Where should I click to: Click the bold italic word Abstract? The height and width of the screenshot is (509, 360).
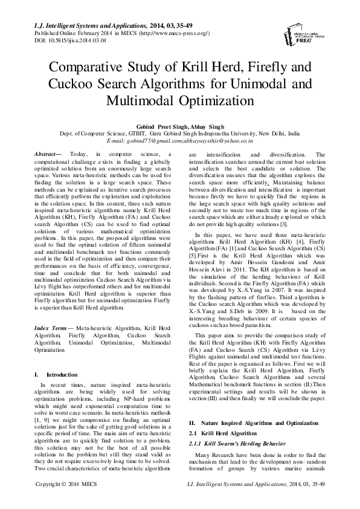coord(50,155)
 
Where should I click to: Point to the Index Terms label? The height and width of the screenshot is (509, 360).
coord(51,327)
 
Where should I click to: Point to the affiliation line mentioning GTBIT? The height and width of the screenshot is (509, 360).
coord(179,132)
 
